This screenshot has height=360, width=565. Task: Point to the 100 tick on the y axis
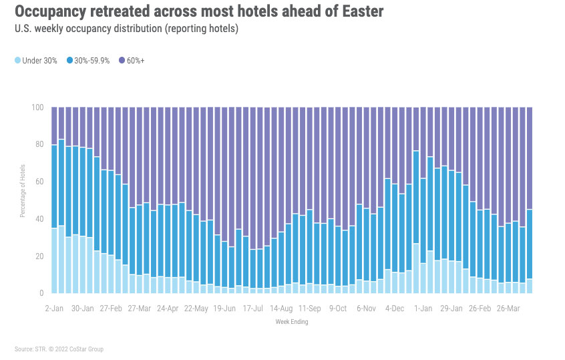pos(39,108)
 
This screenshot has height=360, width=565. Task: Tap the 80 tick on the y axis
pos(40,144)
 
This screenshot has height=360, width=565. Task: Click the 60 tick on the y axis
pos(40,182)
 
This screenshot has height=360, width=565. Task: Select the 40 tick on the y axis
pos(40,219)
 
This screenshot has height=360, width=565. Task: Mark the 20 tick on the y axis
pos(40,256)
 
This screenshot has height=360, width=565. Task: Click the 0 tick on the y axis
pos(42,293)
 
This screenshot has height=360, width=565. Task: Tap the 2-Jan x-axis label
pos(53,310)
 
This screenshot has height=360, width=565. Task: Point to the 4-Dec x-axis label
pos(395,310)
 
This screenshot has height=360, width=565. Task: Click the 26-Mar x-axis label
pos(508,310)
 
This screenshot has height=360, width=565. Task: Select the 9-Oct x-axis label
pos(337,310)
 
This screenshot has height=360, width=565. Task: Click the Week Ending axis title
pos(291,322)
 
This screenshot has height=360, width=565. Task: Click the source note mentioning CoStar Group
pos(59,349)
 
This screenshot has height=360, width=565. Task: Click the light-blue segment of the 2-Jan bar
pos(54,260)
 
